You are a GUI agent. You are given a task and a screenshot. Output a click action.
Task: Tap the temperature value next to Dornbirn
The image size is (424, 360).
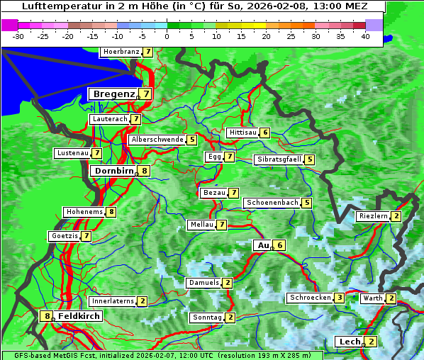click(x=145, y=171)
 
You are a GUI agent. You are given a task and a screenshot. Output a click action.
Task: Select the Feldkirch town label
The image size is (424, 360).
click(x=79, y=316)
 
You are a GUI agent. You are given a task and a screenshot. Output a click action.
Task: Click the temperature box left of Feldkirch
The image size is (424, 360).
click(x=48, y=316)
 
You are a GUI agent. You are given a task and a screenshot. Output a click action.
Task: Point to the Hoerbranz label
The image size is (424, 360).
click(x=121, y=52)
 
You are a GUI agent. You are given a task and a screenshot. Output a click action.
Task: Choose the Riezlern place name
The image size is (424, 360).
click(x=374, y=216)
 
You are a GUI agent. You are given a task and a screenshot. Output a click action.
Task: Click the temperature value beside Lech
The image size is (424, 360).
click(x=371, y=342)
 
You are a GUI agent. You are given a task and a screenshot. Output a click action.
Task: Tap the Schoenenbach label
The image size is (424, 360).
click(x=272, y=203)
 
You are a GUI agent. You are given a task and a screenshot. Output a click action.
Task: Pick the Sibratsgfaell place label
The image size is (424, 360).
click(x=279, y=159)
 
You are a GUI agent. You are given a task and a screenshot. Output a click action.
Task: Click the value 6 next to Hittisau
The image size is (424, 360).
click(x=265, y=133)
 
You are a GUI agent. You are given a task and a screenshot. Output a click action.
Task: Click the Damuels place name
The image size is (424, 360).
click(x=203, y=283)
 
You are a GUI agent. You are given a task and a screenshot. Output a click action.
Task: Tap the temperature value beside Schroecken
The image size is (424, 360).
click(x=340, y=298)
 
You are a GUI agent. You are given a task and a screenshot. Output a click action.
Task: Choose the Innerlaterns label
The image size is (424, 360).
click(x=113, y=301)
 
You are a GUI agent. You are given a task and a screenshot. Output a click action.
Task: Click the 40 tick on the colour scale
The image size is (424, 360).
click(x=365, y=36)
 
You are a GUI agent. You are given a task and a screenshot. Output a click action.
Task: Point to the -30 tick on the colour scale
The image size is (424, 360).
click(x=18, y=36)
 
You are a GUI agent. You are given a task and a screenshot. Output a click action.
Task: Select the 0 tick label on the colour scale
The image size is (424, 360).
click(x=167, y=36)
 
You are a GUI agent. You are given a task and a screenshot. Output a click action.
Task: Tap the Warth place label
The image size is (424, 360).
click(x=373, y=298)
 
